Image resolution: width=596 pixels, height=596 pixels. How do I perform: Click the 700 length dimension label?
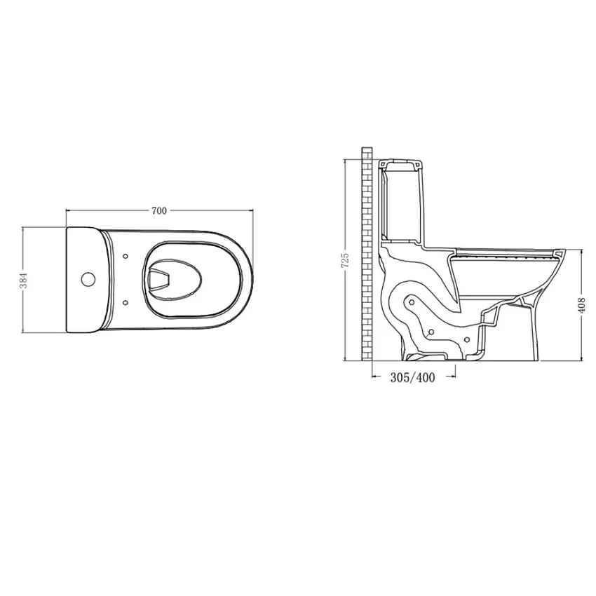(x=159, y=210)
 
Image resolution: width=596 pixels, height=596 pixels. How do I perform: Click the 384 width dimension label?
(x=25, y=280)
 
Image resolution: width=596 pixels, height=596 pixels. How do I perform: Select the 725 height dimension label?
(x=346, y=260)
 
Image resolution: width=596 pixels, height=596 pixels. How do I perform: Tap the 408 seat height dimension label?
(x=581, y=305)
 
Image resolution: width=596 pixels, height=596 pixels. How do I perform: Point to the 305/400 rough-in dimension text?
(x=413, y=377)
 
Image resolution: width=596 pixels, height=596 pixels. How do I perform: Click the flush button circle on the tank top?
(x=88, y=279)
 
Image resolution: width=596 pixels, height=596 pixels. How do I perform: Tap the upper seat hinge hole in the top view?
(x=126, y=256)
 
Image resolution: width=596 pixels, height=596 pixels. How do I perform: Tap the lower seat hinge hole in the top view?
(x=126, y=303)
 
